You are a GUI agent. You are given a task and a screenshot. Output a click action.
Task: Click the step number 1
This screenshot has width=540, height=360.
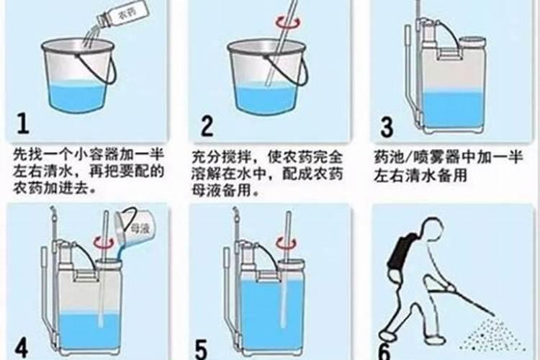coord(23,124)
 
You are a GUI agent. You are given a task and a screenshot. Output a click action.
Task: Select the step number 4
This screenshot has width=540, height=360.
coord(22,347)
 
